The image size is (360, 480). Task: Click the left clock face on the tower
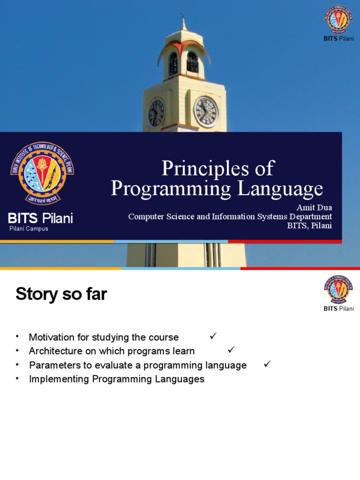pos(156,113)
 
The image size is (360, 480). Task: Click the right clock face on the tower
pos(206,112)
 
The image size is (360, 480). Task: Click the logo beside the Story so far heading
pos(338,289)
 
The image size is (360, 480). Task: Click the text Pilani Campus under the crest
pos(29,229)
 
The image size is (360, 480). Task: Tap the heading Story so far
pos(61,294)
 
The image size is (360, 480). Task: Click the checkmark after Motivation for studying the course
pos(213,336)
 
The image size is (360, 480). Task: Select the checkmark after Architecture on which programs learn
pos(231,350)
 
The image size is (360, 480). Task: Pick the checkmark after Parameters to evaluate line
pos(268,364)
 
